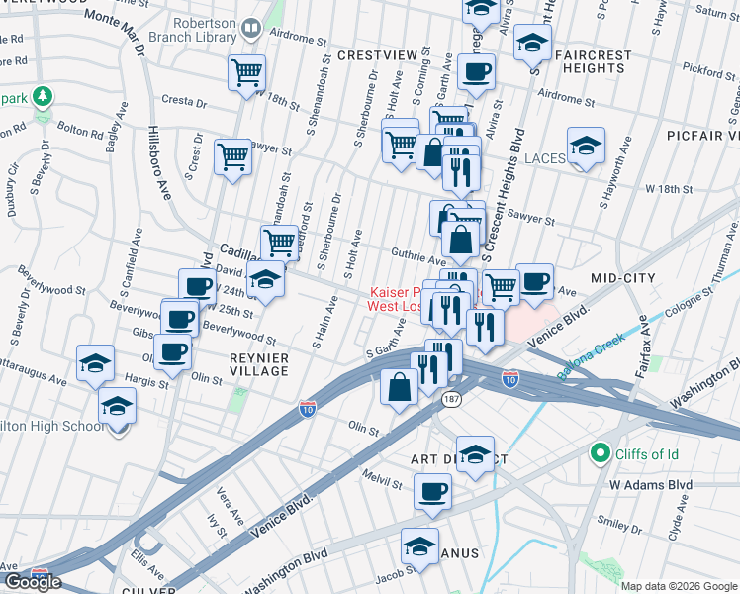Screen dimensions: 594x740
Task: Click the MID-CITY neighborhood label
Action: coord(623,278)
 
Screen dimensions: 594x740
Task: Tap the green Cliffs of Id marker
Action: coord(599,453)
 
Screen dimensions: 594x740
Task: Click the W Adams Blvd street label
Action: coord(649,485)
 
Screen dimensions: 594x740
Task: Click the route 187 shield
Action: coord(451,399)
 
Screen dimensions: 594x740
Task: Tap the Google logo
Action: coord(33,582)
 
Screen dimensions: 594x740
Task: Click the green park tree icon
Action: coord(42,97)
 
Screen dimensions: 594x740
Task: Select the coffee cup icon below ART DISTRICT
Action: coord(431,490)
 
